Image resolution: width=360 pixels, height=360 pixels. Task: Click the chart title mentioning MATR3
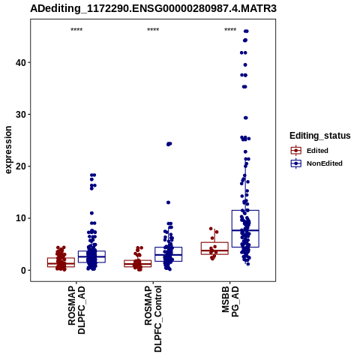coord(153,8)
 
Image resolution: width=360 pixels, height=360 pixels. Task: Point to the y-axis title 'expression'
coord(8,150)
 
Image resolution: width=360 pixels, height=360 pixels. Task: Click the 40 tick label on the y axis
coord(21,62)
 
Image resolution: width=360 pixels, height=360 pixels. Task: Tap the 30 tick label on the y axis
coord(21,115)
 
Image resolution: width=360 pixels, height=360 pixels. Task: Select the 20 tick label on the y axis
coord(21,166)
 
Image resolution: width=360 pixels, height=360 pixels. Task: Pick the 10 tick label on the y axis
coord(21,218)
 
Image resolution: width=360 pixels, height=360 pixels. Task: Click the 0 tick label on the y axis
coord(23,270)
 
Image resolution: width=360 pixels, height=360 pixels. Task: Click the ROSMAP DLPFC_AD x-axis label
coord(76,310)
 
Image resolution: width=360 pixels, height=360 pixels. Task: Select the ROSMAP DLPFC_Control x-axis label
coord(153,319)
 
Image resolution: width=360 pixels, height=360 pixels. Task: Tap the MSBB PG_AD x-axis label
coord(230,301)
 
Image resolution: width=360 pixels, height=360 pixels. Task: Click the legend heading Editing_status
coord(320,136)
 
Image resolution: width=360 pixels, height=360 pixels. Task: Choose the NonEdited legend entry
coord(316,163)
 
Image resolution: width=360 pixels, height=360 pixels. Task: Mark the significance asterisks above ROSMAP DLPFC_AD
coord(76,30)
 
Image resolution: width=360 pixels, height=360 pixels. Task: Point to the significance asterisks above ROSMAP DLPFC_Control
coord(153,30)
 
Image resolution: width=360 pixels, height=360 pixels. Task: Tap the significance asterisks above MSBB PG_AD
coord(230,30)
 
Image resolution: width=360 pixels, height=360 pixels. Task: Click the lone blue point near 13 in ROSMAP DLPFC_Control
coord(168,202)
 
